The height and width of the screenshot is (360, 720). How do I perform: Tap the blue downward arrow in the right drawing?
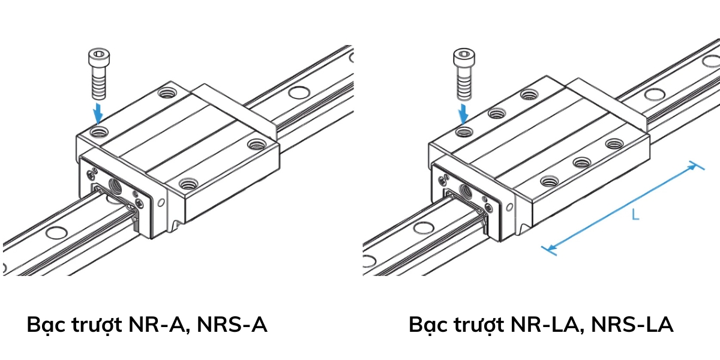(x=463, y=112)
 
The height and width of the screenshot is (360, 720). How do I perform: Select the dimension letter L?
(x=635, y=214)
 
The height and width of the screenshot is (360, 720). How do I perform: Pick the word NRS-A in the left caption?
(x=232, y=325)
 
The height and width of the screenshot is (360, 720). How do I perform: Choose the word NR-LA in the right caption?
(x=545, y=325)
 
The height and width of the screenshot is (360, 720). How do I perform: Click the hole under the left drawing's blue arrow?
(x=99, y=131)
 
